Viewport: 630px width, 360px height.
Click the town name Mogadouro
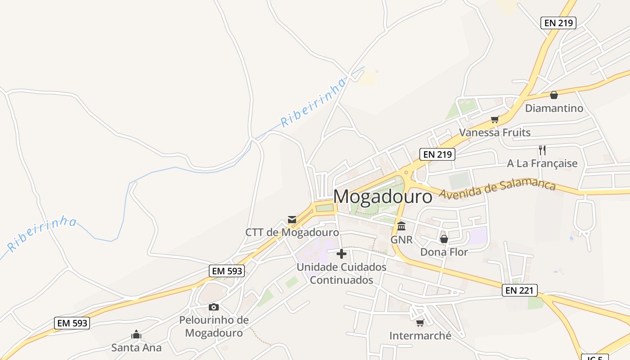click(x=382, y=197)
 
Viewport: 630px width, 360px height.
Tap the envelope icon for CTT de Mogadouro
click(x=292, y=220)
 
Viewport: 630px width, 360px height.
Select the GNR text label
click(x=401, y=239)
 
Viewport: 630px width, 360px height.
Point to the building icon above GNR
click(x=401, y=226)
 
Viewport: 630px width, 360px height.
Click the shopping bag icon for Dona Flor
click(x=444, y=238)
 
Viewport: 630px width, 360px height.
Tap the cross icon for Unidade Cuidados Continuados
click(x=342, y=254)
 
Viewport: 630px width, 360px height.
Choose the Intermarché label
click(x=420, y=336)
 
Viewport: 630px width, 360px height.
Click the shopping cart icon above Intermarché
click(x=420, y=322)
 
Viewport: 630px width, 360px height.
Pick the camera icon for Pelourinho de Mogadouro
click(x=214, y=307)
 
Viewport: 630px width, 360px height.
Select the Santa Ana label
click(x=136, y=347)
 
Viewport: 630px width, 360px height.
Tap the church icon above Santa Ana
click(x=136, y=334)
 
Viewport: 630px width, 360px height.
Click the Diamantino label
click(x=554, y=108)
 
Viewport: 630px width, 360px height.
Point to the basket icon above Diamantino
click(x=554, y=95)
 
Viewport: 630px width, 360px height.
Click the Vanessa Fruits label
click(x=495, y=132)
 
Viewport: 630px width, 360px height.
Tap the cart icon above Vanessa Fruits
click(x=495, y=119)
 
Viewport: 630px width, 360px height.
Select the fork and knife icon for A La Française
click(x=542, y=150)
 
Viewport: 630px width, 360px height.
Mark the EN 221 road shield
click(x=519, y=291)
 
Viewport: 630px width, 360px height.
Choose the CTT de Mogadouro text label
click(x=292, y=233)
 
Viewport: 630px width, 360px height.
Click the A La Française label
click(x=542, y=163)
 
